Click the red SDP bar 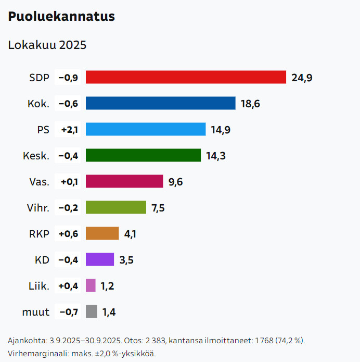[186, 77]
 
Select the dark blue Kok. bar [160, 103]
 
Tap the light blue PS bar [146, 129]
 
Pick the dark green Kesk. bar [143, 155]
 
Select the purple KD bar [100, 259]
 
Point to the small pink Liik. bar [91, 285]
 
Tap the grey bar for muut [91, 311]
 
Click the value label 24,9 [302, 78]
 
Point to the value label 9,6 [176, 182]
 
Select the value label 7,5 [158, 208]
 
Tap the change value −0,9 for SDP [68, 78]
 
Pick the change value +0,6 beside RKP [68, 234]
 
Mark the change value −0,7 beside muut [68, 312]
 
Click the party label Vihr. [38, 208]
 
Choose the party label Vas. [40, 182]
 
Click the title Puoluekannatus [61, 17]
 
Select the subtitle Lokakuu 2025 [47, 45]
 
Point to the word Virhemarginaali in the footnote [34, 353]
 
